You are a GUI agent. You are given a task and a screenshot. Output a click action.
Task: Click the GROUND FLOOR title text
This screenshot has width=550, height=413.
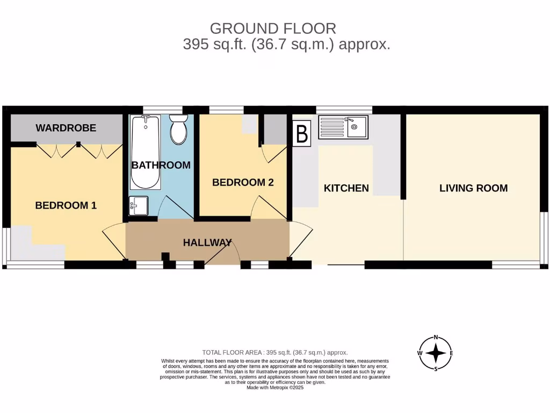[x=273, y=28]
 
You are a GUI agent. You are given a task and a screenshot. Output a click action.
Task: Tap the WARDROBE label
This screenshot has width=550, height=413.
[x=66, y=128]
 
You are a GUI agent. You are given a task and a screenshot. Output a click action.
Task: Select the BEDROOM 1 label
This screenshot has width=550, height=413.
[x=66, y=205]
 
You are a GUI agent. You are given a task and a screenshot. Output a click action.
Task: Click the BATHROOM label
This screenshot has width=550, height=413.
[x=161, y=165]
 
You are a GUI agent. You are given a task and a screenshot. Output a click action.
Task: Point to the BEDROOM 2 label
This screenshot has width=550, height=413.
[x=243, y=182]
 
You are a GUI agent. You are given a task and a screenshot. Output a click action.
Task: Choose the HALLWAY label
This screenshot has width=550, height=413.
[x=207, y=243]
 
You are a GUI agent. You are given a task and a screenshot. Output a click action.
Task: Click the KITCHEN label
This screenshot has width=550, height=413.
[x=346, y=188]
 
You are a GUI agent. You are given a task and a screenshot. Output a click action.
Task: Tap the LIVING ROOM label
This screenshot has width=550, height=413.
[x=473, y=188]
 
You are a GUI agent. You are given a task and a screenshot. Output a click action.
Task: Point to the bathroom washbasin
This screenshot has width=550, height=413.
[x=139, y=205]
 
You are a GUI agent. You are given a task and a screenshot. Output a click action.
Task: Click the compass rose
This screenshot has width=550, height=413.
[x=436, y=353]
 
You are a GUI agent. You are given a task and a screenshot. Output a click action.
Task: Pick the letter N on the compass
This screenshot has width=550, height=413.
[x=436, y=338]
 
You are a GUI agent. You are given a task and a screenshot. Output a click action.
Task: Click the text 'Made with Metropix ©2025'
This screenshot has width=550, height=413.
[x=275, y=387]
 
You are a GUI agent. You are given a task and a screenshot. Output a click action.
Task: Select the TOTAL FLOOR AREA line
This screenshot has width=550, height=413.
[x=275, y=352]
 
